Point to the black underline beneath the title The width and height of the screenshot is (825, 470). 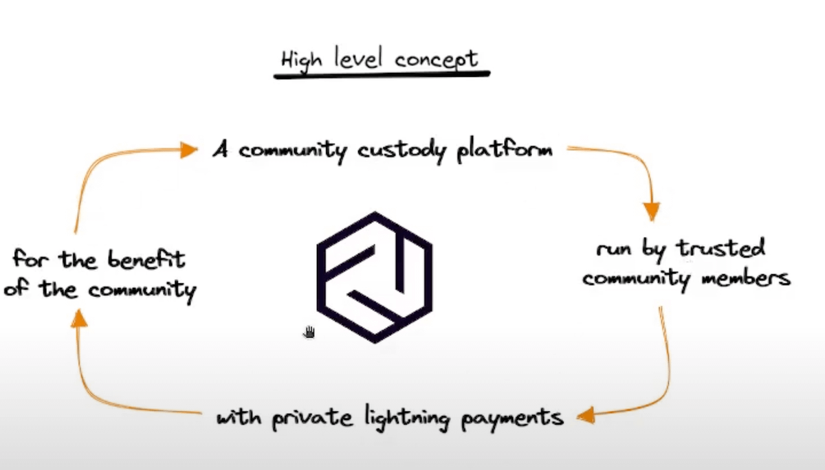382,75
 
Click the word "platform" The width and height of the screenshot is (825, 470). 504,149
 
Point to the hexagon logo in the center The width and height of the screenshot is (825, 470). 375,277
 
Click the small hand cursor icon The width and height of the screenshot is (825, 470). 309,332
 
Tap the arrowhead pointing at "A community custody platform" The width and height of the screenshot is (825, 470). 189,150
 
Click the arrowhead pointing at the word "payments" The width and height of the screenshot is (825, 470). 585,415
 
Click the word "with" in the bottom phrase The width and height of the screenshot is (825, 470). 233,416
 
